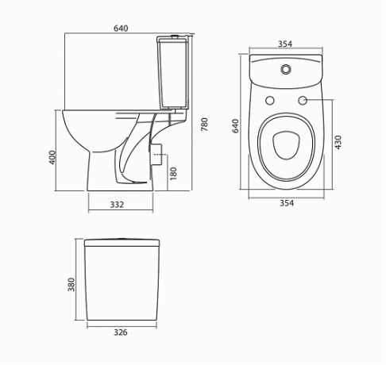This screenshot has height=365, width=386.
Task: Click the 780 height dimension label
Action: point(205,125)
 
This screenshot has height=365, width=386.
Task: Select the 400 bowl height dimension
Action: point(52,157)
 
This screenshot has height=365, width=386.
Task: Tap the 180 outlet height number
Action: point(173,174)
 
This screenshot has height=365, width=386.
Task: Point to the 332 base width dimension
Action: point(117,205)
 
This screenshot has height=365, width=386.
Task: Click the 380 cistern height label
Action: point(71,284)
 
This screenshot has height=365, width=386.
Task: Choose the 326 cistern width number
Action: point(121,332)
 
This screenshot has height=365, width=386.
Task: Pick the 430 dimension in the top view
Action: point(338,142)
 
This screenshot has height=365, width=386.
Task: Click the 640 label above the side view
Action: point(121,29)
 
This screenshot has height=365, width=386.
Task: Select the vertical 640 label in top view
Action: point(235,126)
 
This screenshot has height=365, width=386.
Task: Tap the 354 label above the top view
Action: point(285,44)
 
